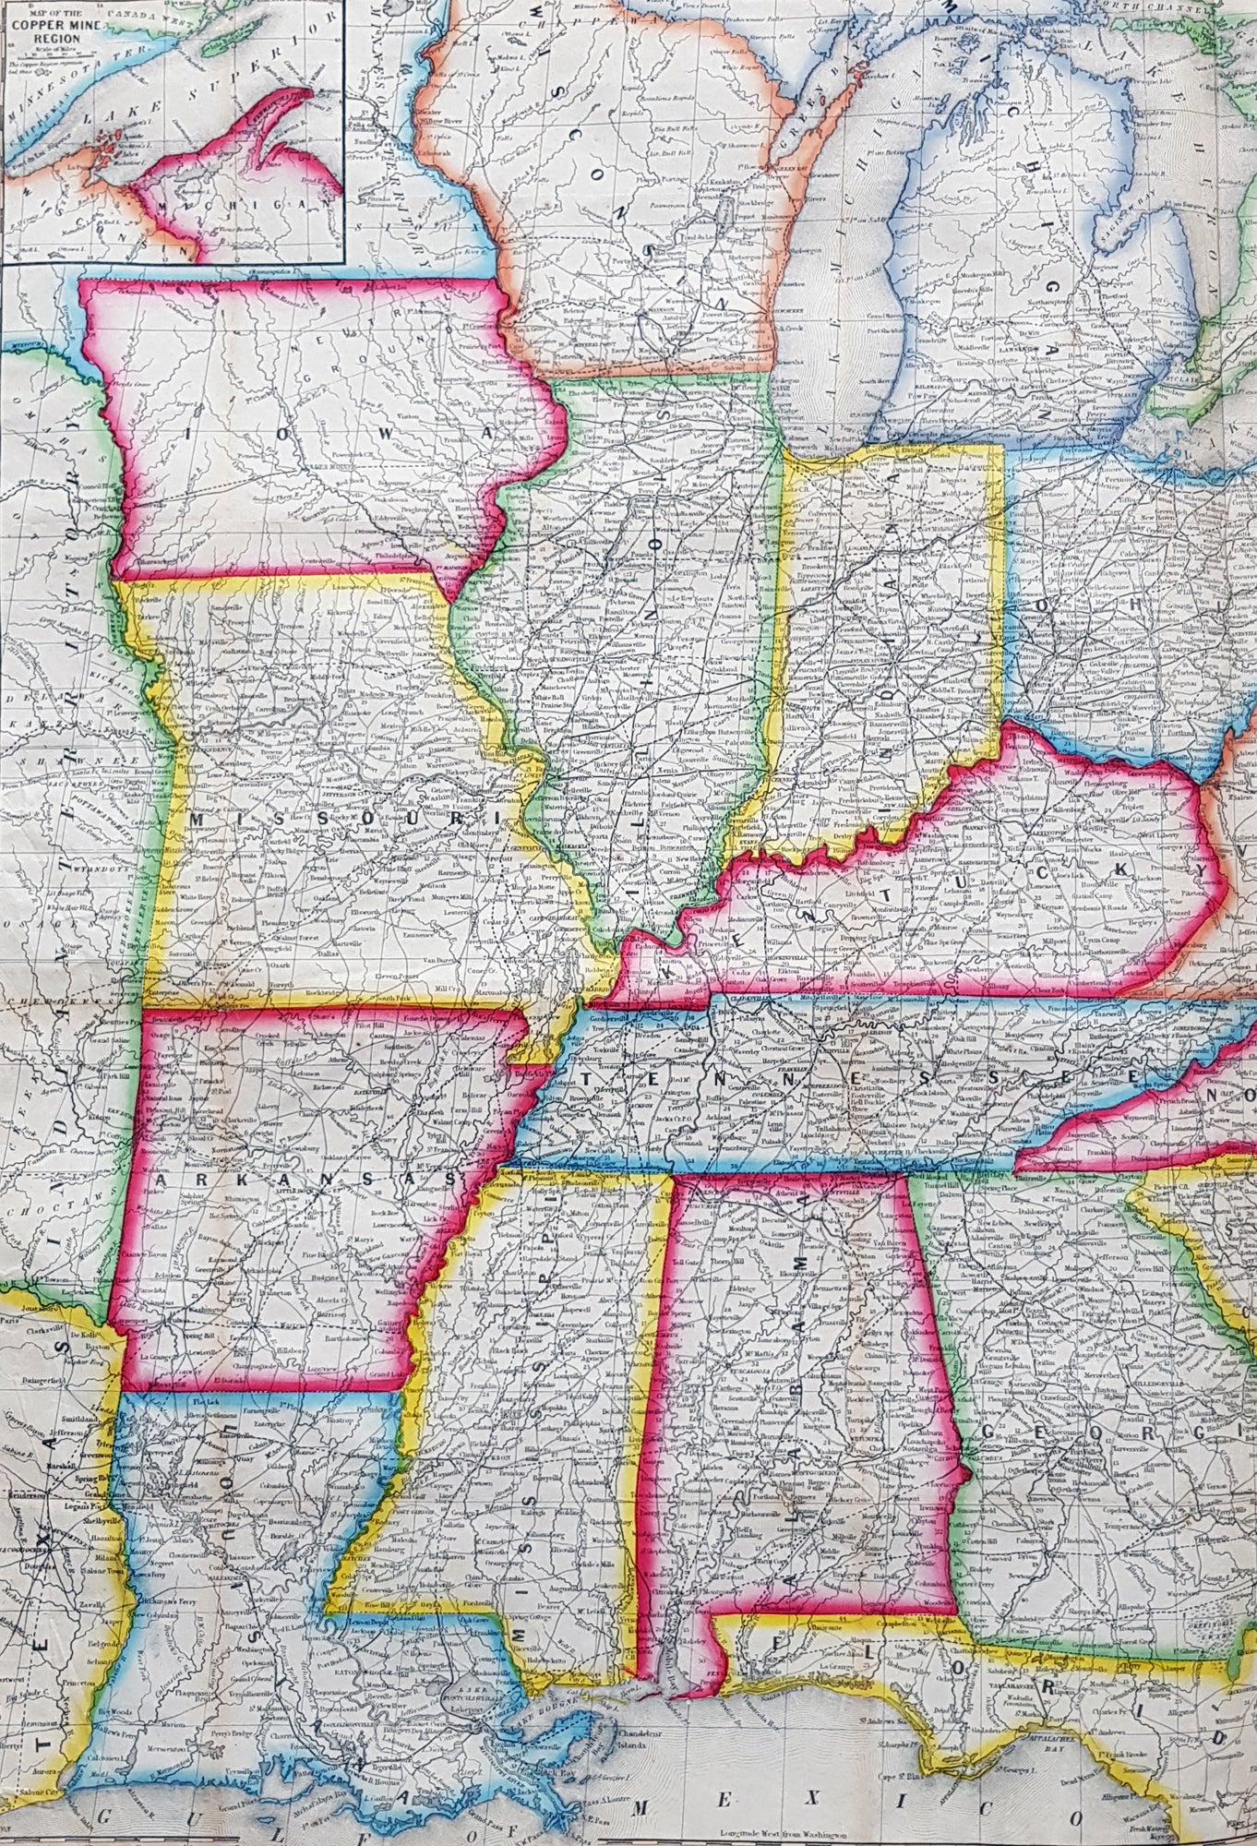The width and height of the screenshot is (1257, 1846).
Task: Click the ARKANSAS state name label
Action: [x=305, y=1180]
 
